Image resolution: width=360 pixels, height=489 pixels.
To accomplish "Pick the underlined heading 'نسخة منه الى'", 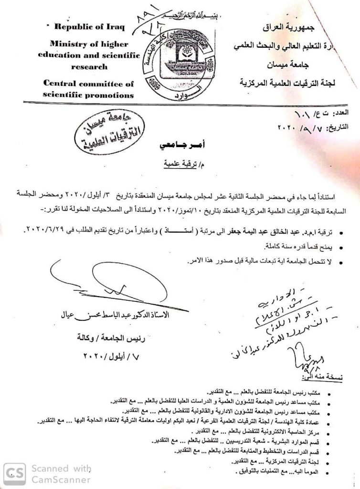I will tap(329, 377).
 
